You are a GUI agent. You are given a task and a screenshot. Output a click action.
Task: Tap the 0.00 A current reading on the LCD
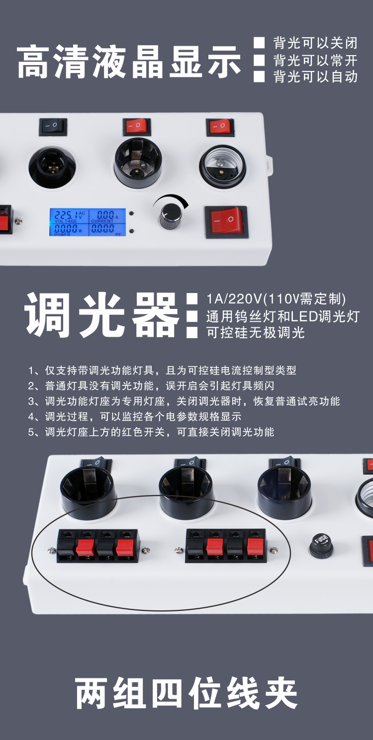click(105, 215)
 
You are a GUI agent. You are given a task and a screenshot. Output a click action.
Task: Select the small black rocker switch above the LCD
click(53, 127)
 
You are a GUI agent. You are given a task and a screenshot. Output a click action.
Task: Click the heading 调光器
click(102, 315)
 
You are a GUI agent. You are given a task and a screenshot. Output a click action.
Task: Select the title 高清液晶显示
click(129, 62)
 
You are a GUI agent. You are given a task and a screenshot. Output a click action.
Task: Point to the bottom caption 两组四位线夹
click(186, 693)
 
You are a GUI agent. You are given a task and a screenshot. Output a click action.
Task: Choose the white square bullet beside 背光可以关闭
click(259, 43)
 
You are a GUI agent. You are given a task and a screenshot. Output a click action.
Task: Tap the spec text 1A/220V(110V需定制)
click(276, 299)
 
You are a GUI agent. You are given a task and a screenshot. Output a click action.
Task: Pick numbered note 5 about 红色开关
click(151, 432)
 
